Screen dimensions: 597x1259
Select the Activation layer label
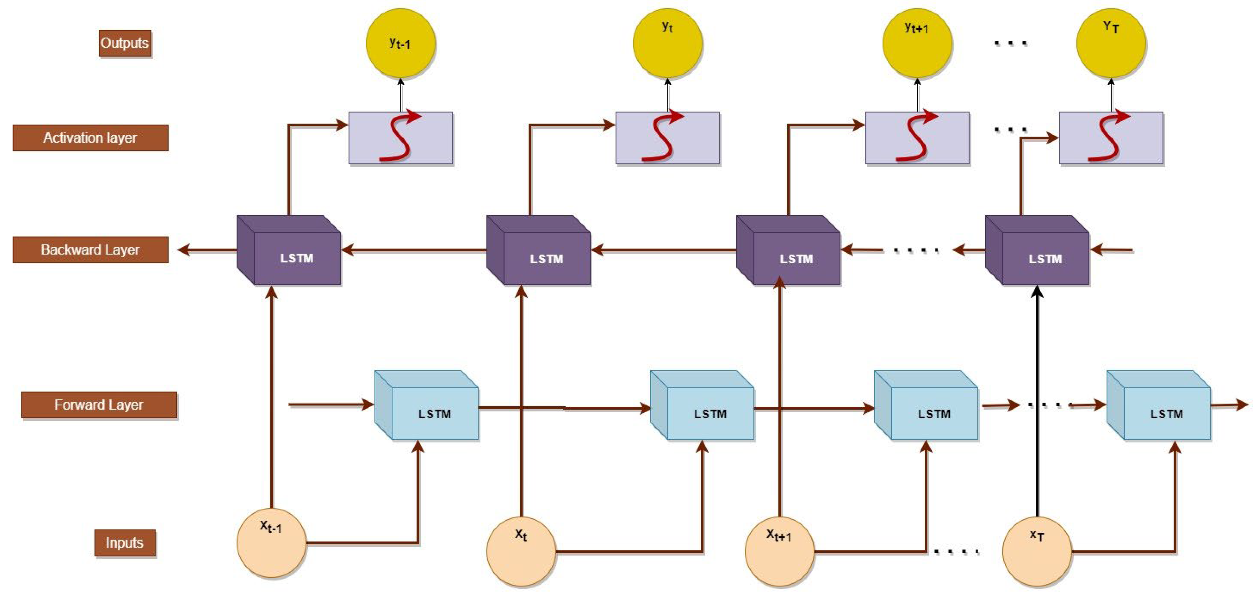click(x=90, y=138)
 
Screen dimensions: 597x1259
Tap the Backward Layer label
click(x=90, y=250)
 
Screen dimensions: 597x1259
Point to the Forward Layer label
click(x=99, y=405)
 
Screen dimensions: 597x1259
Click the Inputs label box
click(x=125, y=543)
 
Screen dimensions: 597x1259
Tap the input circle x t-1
click(x=271, y=543)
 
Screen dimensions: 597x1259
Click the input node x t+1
click(x=779, y=551)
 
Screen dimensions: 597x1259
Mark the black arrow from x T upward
click(x=1037, y=401)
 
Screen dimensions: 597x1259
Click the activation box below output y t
click(x=667, y=138)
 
